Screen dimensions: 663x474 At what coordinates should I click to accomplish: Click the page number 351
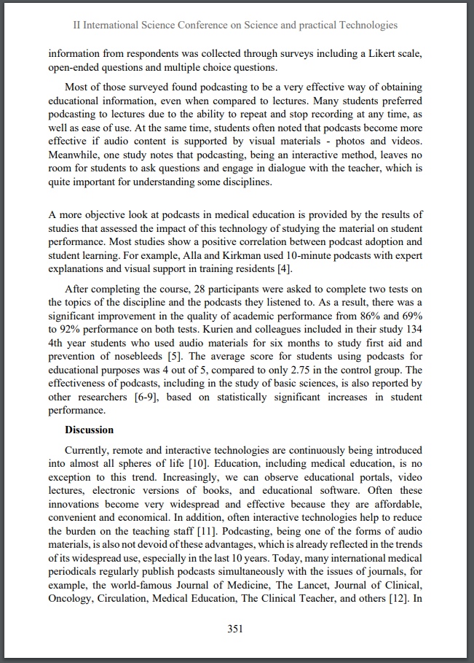click(x=234, y=629)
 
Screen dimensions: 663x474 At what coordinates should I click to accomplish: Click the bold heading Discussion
click(x=89, y=430)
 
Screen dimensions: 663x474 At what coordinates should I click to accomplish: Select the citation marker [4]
click(x=285, y=269)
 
